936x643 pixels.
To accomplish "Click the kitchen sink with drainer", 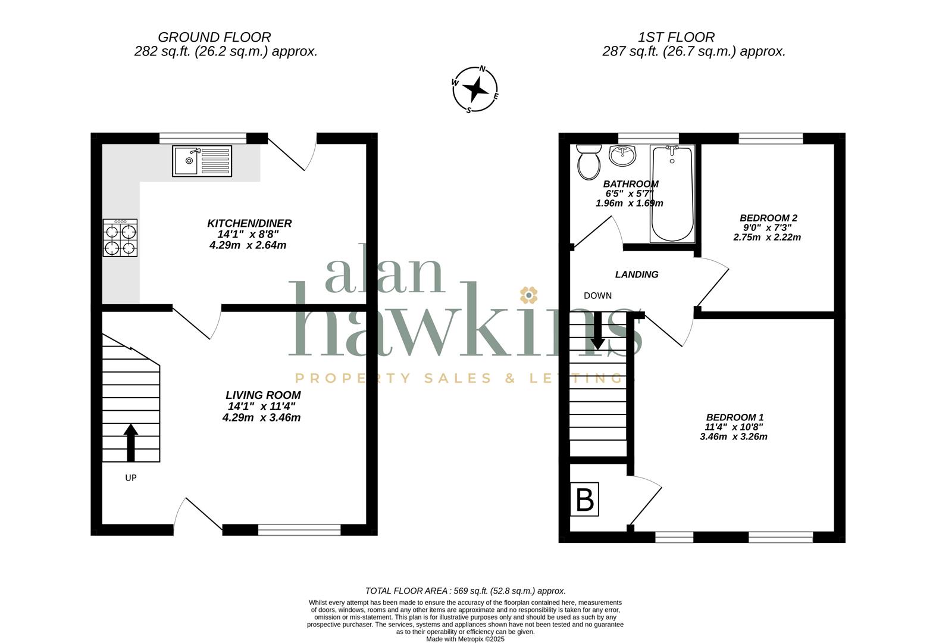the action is (202, 161).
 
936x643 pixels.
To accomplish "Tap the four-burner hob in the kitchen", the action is (120, 238).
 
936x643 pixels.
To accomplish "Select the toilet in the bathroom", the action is (588, 162).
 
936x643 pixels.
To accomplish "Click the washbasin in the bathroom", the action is (622, 155).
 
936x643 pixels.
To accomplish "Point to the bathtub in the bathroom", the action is (672, 193).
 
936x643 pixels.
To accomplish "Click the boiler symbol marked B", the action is (584, 499).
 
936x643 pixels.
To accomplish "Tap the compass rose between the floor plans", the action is (475, 89).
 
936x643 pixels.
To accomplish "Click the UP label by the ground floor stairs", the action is (131, 477).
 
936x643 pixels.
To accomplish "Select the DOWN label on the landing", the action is (597, 295).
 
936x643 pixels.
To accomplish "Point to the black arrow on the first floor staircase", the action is (597, 330).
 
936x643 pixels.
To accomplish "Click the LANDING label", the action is (636, 274).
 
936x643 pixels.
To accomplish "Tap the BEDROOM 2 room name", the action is (768, 218).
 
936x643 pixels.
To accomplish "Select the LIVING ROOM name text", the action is (263, 395).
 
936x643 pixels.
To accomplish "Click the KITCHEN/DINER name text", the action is (249, 223).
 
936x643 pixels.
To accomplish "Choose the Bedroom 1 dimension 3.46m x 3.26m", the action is (734, 436).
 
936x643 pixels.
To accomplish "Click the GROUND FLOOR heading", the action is (214, 37).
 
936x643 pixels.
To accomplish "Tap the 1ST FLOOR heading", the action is (676, 37).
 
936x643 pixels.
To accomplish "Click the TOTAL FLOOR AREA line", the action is (465, 591).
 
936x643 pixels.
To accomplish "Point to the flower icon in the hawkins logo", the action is (528, 295).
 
